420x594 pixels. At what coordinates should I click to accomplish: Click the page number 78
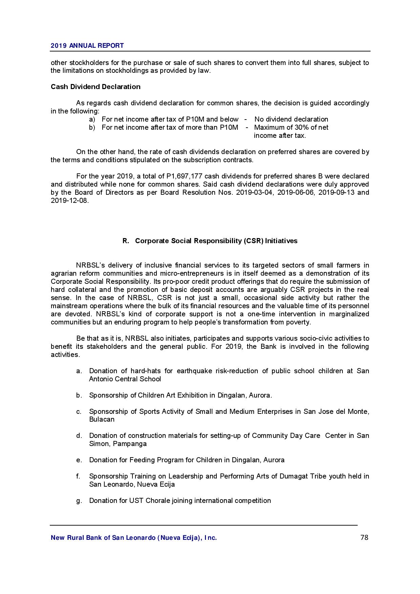coord(364,537)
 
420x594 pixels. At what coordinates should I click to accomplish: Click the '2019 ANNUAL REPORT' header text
coord(87,46)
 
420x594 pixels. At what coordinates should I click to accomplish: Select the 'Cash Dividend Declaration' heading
coord(96,87)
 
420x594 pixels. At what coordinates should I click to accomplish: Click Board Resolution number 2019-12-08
coord(69,200)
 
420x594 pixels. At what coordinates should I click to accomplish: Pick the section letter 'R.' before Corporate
coord(126,241)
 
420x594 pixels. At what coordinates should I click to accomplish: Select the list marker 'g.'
coord(79,501)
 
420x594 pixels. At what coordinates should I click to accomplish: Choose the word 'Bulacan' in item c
coord(102,419)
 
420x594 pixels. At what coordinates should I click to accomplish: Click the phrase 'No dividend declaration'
coord(291,119)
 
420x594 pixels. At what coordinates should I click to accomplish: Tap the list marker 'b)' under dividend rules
coord(92,127)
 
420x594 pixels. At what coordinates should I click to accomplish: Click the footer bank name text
coord(133,538)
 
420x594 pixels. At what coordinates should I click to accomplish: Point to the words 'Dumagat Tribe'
coord(299,476)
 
